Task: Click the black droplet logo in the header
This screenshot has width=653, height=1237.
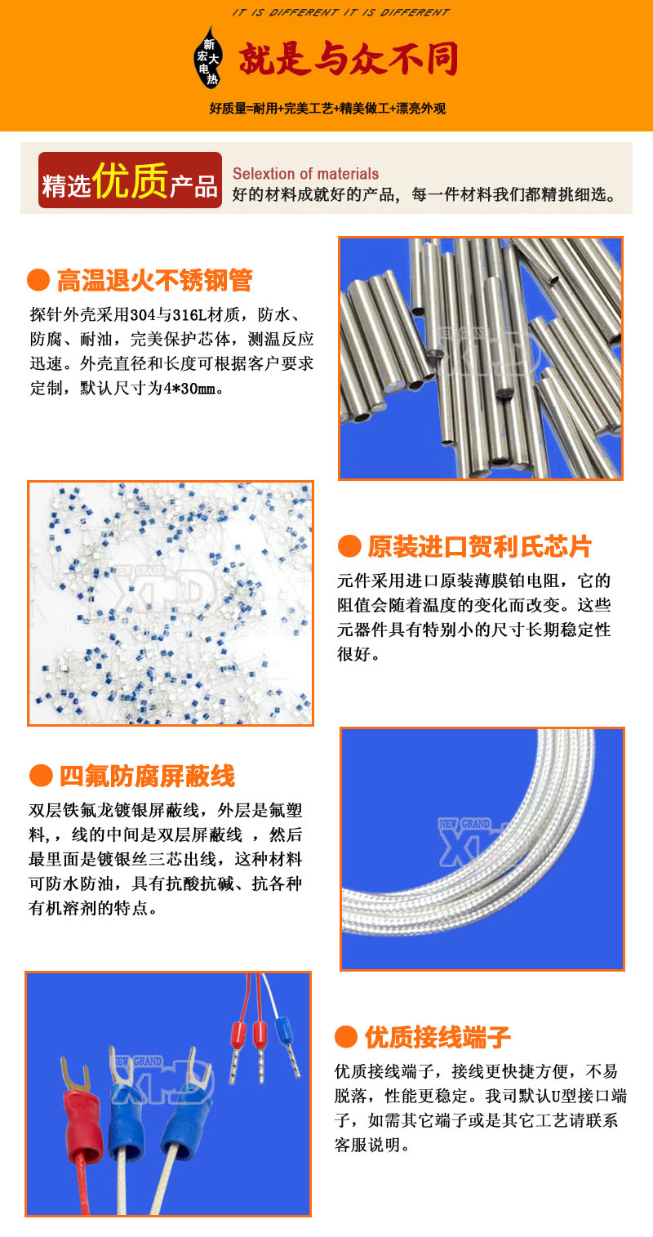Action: [208, 58]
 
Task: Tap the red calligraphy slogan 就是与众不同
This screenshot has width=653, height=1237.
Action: [349, 59]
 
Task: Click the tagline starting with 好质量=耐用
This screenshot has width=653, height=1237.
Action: [327, 109]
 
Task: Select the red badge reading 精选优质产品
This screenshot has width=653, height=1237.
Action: [130, 180]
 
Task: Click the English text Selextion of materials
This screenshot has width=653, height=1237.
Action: [306, 173]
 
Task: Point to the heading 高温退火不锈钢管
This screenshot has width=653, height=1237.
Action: [154, 280]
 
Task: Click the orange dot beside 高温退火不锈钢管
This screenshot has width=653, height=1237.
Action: [38, 280]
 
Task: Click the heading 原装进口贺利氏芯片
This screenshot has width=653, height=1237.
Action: [480, 546]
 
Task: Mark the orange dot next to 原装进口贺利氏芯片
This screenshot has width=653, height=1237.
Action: [349, 546]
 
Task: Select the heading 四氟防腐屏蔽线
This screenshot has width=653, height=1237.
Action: [148, 776]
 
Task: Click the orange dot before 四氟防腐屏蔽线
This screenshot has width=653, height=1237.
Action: [41, 776]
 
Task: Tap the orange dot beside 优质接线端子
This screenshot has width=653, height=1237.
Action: [346, 1037]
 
